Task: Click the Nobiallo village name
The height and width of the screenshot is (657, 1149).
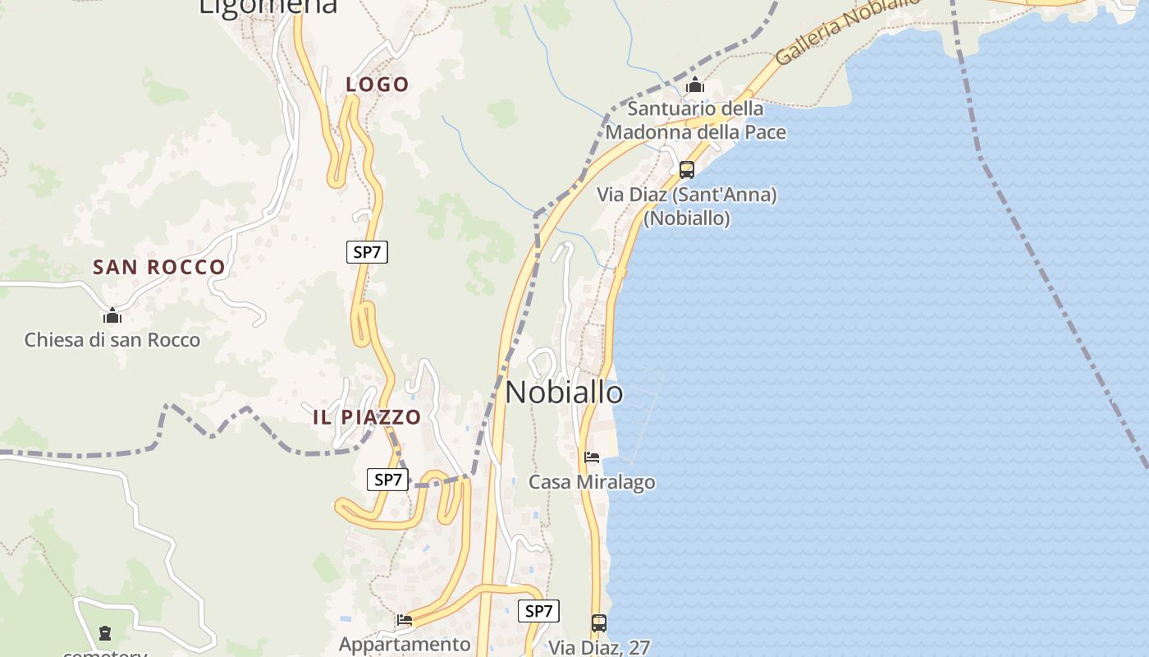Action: tap(564, 393)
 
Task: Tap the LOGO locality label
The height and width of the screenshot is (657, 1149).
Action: tap(377, 85)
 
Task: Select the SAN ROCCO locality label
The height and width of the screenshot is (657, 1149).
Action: tap(158, 267)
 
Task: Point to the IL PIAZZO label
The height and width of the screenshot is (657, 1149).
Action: tap(367, 417)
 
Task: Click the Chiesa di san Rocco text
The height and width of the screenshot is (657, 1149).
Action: tap(112, 340)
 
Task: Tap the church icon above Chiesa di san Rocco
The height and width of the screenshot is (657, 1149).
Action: tap(112, 315)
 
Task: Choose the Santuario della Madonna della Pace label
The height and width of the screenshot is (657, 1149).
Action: tap(695, 121)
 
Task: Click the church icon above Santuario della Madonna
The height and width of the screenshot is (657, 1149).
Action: tap(695, 85)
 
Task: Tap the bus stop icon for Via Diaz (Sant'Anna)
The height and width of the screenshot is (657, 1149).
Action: tap(687, 170)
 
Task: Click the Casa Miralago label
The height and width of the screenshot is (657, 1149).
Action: tap(592, 482)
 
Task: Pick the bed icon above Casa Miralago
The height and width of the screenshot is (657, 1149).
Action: tap(592, 457)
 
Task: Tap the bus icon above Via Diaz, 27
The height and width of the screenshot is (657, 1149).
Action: tap(599, 623)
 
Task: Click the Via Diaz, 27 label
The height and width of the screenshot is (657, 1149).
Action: tap(599, 647)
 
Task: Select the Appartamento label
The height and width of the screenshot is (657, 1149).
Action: tap(405, 644)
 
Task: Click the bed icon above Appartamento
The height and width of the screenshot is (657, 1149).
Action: tap(405, 620)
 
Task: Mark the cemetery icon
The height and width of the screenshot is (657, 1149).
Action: tap(105, 633)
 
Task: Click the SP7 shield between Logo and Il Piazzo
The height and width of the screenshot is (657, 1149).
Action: tap(366, 252)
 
